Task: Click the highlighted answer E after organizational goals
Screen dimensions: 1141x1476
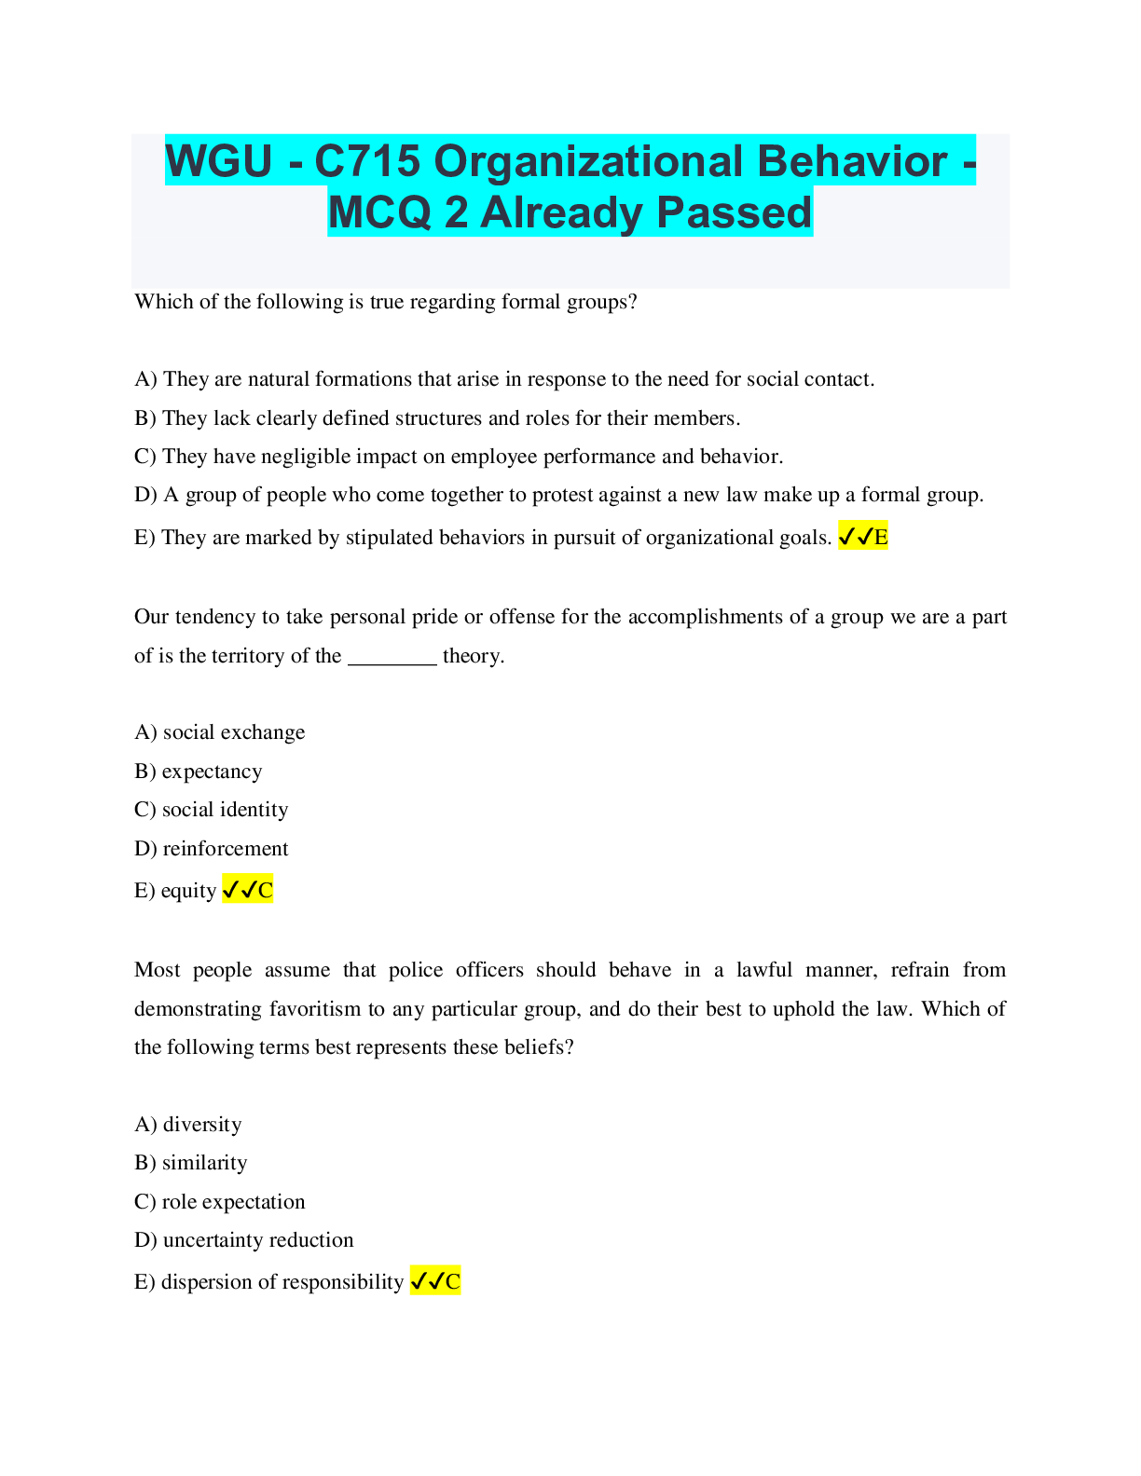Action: pos(863,536)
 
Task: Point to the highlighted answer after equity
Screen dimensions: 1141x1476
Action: pos(248,890)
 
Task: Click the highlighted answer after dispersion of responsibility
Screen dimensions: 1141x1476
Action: pos(435,1281)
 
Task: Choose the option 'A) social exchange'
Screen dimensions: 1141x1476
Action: pos(220,732)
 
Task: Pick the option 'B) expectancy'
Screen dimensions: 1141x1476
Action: pos(199,772)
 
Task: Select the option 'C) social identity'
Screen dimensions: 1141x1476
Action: pos(212,810)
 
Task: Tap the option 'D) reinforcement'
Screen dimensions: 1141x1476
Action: pos(212,848)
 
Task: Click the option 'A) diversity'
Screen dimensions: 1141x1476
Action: pos(188,1125)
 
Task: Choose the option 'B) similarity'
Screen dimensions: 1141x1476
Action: pos(191,1163)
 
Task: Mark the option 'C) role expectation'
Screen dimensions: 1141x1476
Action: pos(220,1202)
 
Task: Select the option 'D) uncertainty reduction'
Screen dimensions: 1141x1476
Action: pos(244,1240)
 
